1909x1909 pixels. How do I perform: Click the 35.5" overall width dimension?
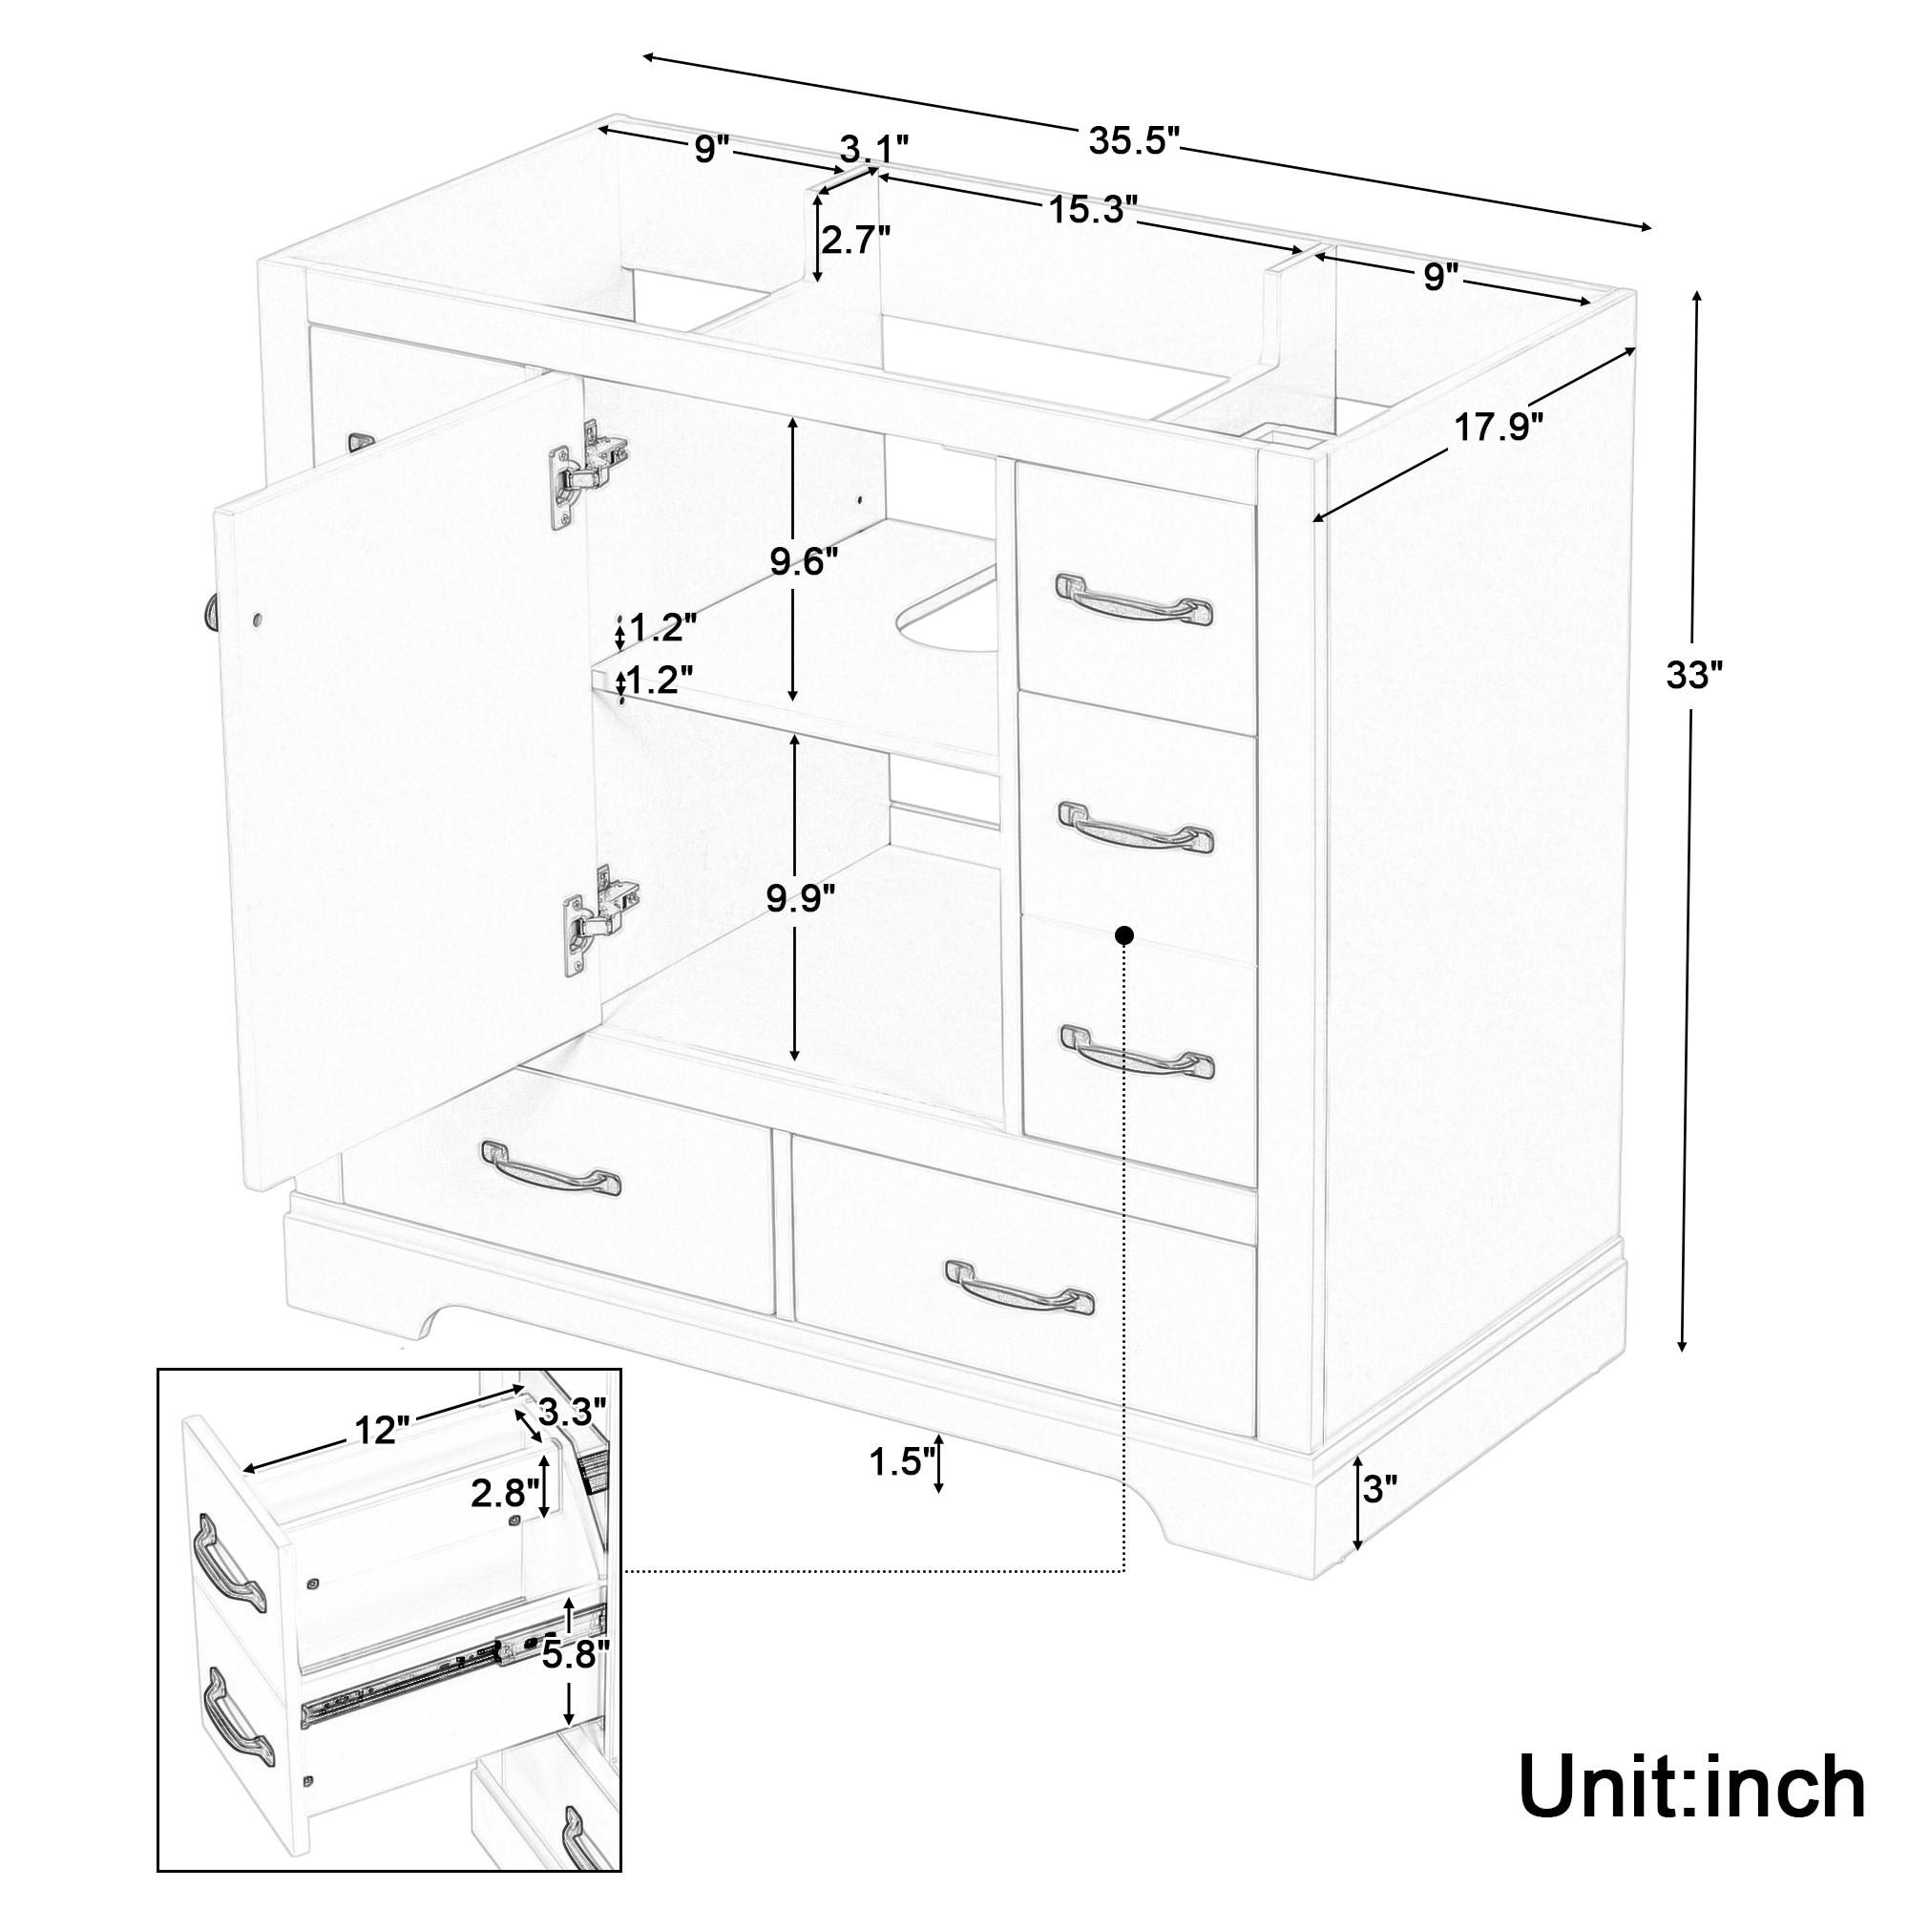[1134, 142]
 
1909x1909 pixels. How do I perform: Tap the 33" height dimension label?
[1693, 676]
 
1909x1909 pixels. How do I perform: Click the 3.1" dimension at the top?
[874, 150]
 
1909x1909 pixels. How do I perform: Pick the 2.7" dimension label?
[855, 240]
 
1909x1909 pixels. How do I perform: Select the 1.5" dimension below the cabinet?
[902, 1461]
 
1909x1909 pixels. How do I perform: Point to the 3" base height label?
[1379, 1515]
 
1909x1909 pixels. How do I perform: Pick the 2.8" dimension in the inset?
[505, 1493]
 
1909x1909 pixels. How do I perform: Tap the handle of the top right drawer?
[1134, 598]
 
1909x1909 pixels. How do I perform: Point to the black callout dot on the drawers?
[1123, 934]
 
